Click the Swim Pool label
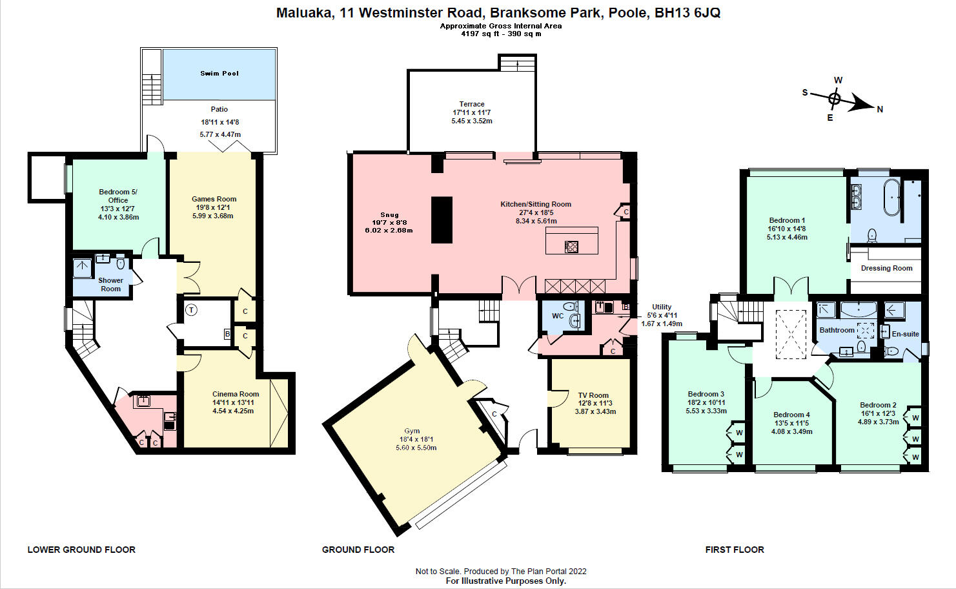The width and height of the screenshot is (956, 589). click(219, 74)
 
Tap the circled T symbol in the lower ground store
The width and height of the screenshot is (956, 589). click(191, 310)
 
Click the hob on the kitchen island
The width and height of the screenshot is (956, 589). click(571, 247)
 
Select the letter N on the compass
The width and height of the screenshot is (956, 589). click(880, 109)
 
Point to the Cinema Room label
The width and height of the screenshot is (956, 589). click(236, 394)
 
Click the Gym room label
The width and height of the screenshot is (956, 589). click(412, 431)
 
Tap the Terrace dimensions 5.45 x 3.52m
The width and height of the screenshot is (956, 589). click(472, 121)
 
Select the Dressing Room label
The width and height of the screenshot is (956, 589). click(886, 268)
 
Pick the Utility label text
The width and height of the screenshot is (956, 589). click(662, 307)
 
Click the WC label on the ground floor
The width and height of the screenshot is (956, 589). click(558, 316)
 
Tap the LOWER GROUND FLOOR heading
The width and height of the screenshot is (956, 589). click(81, 550)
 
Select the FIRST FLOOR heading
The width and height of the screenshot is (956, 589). click(735, 550)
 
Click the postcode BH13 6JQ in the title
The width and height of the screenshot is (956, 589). click(687, 13)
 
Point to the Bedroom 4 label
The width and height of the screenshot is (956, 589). click(791, 415)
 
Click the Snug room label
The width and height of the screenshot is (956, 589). click(389, 215)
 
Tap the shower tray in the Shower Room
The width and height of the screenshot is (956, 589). click(83, 268)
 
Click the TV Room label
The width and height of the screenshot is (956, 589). click(593, 395)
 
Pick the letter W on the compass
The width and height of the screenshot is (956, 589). click(839, 80)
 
